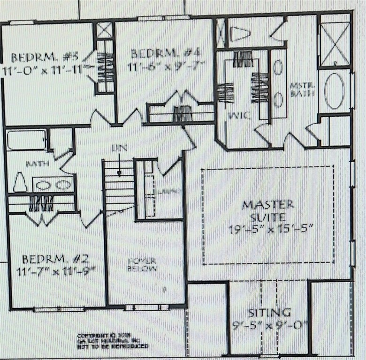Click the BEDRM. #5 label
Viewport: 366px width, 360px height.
pyautogui.click(x=45, y=58)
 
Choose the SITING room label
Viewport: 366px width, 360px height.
pyautogui.click(x=269, y=312)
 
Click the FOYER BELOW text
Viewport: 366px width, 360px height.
pyautogui.click(x=143, y=264)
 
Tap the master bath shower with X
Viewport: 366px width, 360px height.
pyautogui.click(x=334, y=44)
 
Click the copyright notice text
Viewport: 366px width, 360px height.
pyautogui.click(x=113, y=341)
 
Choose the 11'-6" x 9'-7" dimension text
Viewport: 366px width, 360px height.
pyautogui.click(x=166, y=67)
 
